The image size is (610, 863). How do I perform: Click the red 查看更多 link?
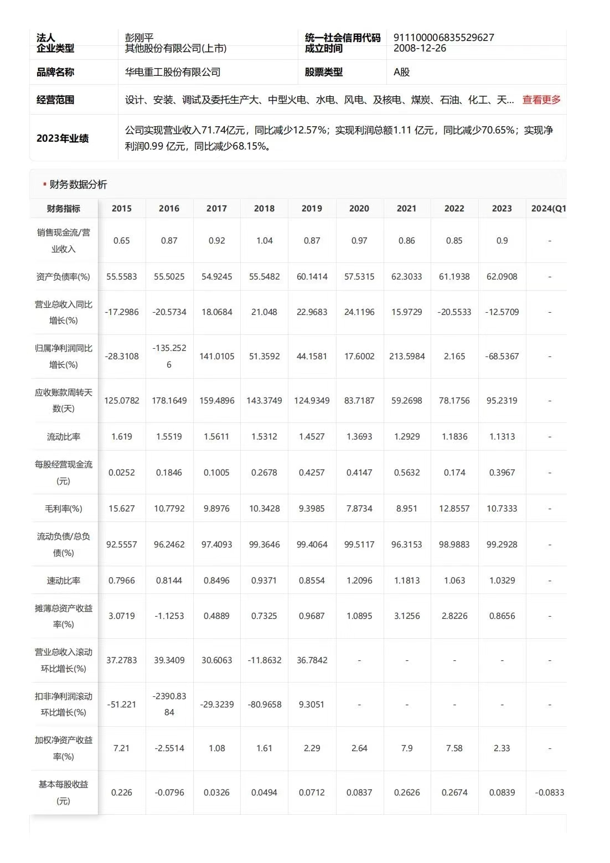coord(541,100)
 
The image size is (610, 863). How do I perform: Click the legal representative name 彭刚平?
coord(139,38)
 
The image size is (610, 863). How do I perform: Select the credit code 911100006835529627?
coord(443,38)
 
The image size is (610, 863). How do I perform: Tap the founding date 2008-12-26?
coord(420,48)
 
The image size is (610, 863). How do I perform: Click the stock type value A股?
coord(401,72)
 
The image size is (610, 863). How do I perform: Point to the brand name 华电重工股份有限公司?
coord(173,72)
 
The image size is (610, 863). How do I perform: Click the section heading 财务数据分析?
coord(78,184)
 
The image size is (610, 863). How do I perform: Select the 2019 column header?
coord(312,208)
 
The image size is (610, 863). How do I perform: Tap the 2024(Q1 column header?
coord(548,208)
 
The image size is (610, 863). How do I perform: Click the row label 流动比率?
coord(64,437)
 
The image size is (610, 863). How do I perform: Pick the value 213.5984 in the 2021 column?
coord(407,356)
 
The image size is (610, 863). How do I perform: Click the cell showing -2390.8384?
coord(169,704)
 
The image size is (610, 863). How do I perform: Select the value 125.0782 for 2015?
coord(122,400)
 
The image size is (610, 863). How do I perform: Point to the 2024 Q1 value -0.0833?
coord(549,792)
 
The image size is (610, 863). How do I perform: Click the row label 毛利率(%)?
coord(64,508)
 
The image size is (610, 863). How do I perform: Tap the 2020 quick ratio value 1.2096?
coord(359,580)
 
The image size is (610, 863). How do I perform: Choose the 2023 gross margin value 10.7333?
coord(502,508)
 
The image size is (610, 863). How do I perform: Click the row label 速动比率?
coord(64,580)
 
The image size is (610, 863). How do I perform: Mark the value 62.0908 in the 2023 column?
coord(502,276)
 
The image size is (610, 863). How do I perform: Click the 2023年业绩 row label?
coord(63,138)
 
